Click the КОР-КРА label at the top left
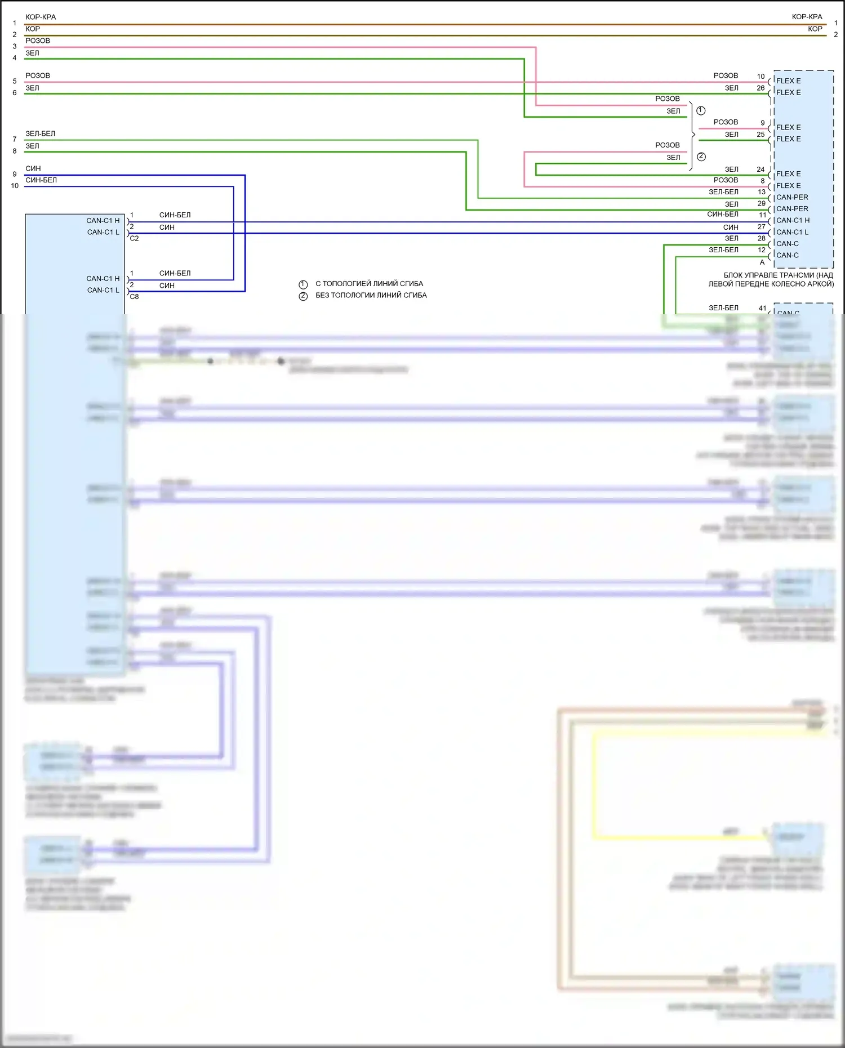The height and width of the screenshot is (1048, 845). (x=41, y=17)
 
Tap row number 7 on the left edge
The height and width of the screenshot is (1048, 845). (x=15, y=139)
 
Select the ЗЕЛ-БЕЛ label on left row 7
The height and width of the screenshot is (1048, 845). (x=40, y=134)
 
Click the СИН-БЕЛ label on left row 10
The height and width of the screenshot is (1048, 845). (x=41, y=180)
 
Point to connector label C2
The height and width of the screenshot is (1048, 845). (x=134, y=238)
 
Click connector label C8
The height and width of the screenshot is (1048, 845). (x=134, y=297)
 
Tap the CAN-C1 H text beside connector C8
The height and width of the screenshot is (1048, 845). (x=103, y=279)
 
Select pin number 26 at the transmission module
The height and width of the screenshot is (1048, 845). (x=760, y=88)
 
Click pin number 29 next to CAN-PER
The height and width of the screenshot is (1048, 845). (x=761, y=203)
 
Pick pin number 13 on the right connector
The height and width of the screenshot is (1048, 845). (x=761, y=192)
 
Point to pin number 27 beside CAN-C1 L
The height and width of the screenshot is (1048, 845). (x=761, y=227)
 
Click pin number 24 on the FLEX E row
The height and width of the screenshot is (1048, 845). (x=760, y=169)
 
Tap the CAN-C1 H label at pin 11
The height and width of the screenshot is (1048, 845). (x=793, y=220)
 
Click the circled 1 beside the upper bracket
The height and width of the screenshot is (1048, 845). (x=701, y=110)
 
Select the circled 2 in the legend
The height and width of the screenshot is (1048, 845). (x=303, y=296)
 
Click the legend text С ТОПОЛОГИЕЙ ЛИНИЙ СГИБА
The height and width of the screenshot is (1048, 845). (x=369, y=284)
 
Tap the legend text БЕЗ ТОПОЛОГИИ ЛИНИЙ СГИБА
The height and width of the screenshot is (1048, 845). (x=371, y=295)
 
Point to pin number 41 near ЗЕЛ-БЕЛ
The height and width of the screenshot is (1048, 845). (x=762, y=308)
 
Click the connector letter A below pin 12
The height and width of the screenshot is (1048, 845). (x=762, y=262)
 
